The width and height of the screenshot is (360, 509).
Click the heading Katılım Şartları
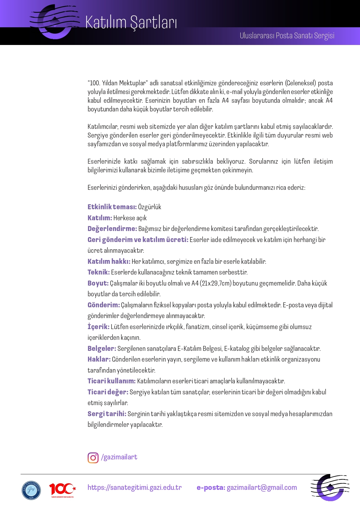pos(131,23)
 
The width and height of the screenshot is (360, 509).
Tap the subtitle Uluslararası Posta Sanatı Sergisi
pos(287,36)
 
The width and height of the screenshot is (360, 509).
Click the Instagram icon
pos(93,458)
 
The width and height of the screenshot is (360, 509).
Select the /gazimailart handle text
pos(119,457)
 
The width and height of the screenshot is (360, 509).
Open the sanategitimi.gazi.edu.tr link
pos(135,487)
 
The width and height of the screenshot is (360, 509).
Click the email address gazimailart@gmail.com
pos(262,488)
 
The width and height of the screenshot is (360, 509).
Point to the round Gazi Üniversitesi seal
pos(31,490)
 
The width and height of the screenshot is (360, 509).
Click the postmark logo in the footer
pos(330,488)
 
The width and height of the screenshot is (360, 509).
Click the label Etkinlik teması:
pos(112,207)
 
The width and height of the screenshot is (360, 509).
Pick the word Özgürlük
pos(150,207)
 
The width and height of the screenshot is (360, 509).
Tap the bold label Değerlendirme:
pos(112,229)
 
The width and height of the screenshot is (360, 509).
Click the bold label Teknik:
pos(99,272)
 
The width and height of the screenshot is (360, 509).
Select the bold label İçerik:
pos(99,327)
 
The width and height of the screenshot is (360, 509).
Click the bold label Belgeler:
pos(102,349)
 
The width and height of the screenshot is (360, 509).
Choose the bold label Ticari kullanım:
pos(112,381)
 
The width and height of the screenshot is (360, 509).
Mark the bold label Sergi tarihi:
pos(107,414)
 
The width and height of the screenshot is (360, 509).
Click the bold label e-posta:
pos(211,488)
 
